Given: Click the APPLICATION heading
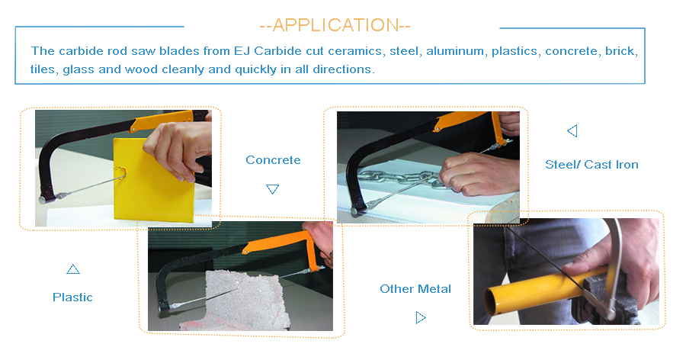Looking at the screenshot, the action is [x=335, y=25].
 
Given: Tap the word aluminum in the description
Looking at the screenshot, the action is [x=456, y=51].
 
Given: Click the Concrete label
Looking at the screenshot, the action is [x=273, y=160].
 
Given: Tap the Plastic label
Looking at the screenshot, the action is [x=72, y=297].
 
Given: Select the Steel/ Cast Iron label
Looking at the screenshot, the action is [x=591, y=165].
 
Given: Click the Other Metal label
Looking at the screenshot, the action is [x=415, y=288].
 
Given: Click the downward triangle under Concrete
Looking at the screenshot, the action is [x=273, y=188].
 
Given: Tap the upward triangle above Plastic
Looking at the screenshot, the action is [x=73, y=269].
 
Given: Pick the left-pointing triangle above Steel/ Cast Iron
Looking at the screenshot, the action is [x=572, y=130].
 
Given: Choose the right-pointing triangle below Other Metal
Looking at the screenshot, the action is [x=421, y=317].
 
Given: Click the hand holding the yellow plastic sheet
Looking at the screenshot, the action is [x=179, y=146].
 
